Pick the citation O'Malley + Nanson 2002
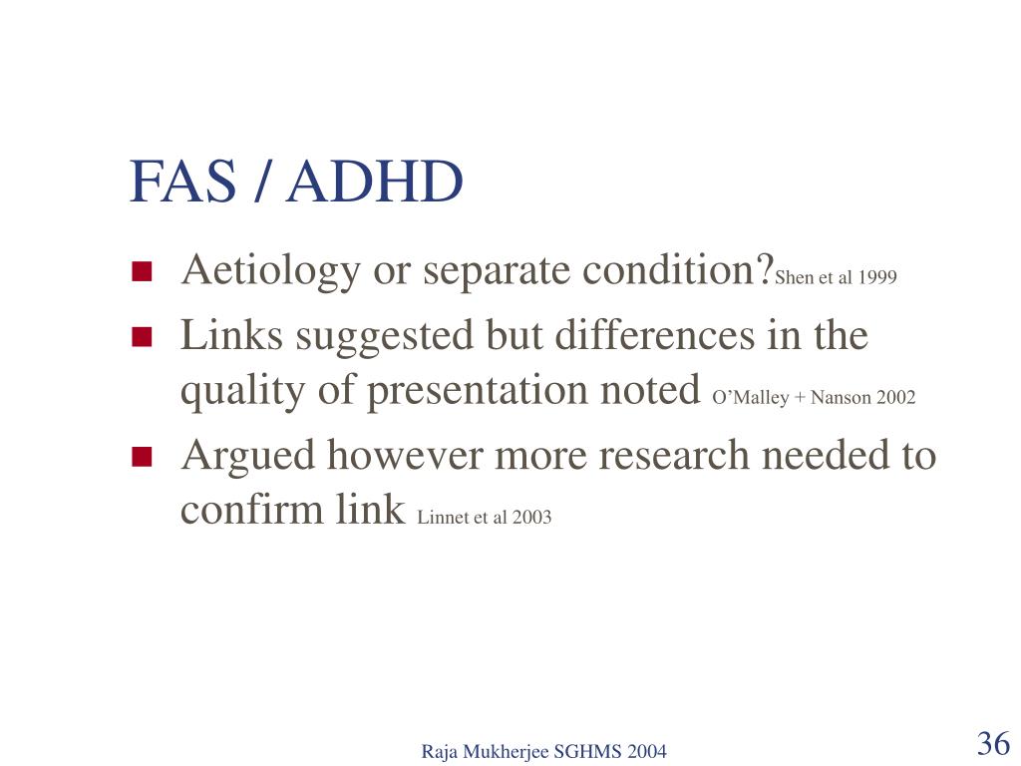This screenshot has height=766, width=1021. pyautogui.click(x=814, y=397)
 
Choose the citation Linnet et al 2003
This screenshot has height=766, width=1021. pyautogui.click(x=484, y=517)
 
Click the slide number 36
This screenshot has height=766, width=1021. pyautogui.click(x=994, y=743)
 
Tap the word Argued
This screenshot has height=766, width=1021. pyautogui.click(x=248, y=456)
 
